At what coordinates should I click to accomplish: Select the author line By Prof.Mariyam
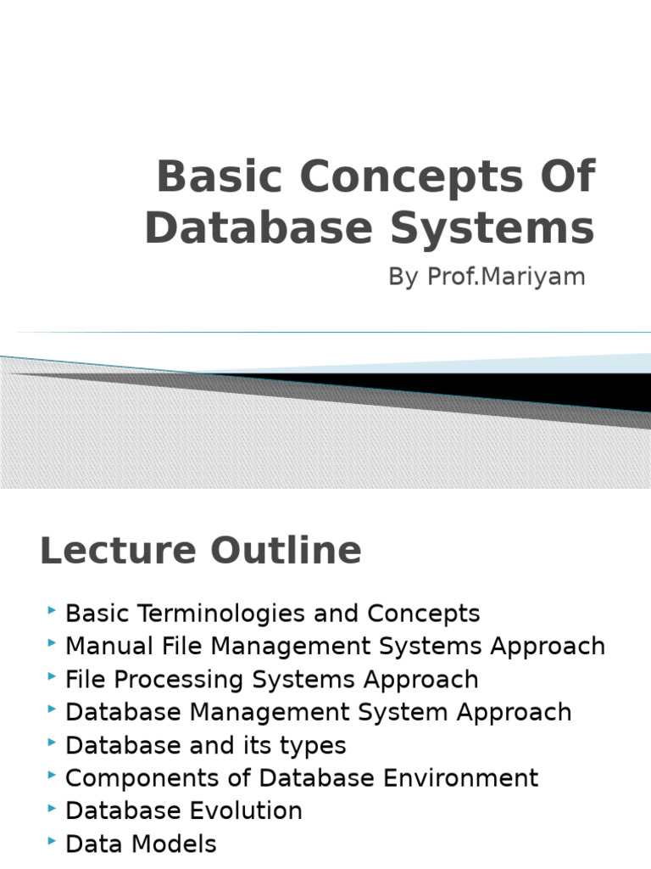(487, 277)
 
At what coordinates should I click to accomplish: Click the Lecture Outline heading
(201, 551)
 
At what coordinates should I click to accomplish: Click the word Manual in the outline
(103, 646)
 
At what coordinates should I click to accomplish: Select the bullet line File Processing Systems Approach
(272, 679)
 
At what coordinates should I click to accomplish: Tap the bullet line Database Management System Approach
(319, 712)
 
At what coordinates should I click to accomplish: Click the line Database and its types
(206, 745)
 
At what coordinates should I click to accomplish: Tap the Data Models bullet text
(141, 844)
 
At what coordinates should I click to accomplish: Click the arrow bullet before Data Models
(53, 841)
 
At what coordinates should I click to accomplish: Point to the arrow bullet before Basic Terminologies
(53, 610)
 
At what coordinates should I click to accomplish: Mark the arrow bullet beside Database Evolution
(53, 808)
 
